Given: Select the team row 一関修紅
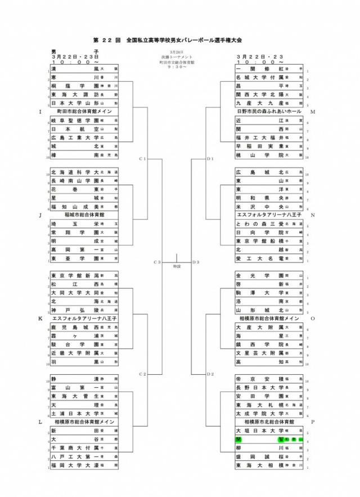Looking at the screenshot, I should pos(269,69).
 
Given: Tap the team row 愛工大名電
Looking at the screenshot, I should pos(269,258).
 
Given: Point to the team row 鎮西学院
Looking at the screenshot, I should pos(269,344).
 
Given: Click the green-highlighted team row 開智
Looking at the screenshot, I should pos(269,440).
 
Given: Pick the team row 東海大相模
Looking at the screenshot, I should pos(269,465).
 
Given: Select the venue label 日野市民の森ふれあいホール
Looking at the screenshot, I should pos(269,111).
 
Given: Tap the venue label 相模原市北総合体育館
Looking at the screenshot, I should pos(269,422).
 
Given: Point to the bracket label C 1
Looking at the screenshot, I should pos(142,159).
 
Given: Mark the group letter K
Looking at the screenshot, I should pos(40,319).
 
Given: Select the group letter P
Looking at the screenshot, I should pos(312,422).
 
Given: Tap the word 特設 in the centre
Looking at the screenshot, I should pos(177,266).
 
